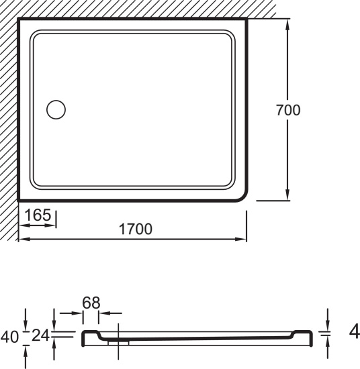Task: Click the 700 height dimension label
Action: coord(288,110)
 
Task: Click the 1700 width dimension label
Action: coord(136,229)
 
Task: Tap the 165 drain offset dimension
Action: coord(38,215)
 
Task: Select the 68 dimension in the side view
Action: coord(91,303)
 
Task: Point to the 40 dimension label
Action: coord(9,337)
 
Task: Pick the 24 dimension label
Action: coord(41,335)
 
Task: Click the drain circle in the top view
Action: coord(56,109)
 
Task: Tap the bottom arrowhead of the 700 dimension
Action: coord(287,195)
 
